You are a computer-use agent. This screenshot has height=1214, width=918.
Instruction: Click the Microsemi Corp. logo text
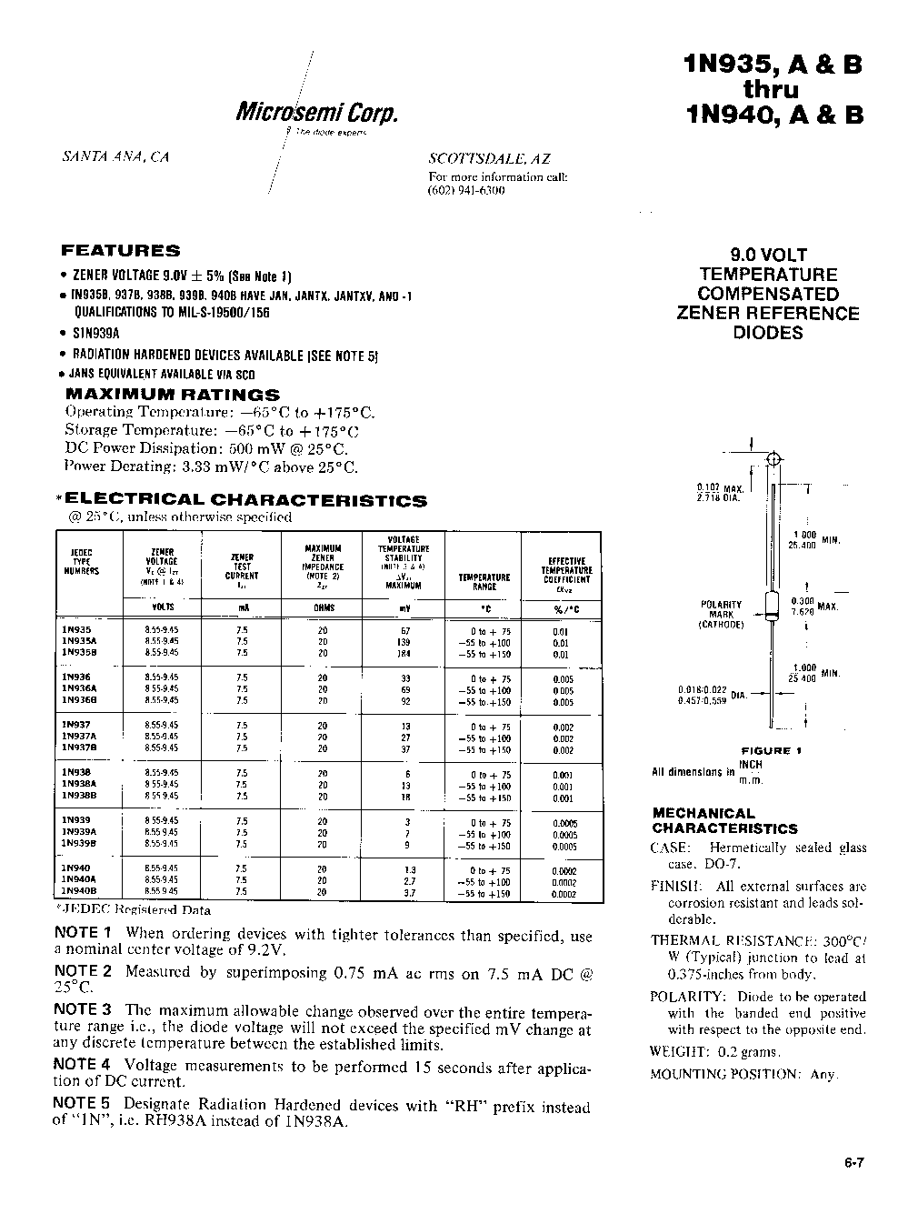317,112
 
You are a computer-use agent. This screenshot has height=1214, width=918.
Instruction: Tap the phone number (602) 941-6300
466,191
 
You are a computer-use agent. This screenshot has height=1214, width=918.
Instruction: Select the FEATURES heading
120,250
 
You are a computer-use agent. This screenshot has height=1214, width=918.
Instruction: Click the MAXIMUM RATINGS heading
173,395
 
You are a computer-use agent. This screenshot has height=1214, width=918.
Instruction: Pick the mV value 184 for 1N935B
404,653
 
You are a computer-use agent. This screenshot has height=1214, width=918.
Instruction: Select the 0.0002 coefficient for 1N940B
564,894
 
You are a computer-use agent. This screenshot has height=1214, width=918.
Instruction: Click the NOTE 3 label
83,1009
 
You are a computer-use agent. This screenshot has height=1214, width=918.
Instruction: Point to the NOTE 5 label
83,1105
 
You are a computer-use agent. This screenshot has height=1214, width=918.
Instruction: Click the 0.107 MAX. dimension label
720,488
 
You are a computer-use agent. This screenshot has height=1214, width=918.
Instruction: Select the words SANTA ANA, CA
115,156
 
